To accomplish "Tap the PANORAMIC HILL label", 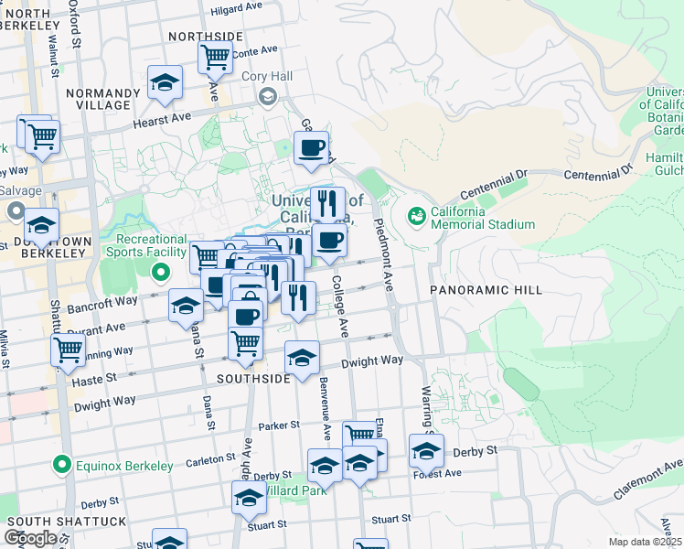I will coord(486,290).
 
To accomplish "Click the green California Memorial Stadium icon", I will coord(417,216).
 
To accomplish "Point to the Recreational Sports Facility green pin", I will coord(161,272).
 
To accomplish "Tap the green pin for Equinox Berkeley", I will coord(62,466).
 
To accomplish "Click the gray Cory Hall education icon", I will coord(269,97).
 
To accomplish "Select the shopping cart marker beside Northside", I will coord(216,57).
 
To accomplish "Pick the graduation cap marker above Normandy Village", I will coord(165,83).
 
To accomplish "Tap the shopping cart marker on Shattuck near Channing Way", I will coord(69,350).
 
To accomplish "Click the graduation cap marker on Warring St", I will coord(426,450).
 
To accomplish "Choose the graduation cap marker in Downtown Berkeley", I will coord(41,224).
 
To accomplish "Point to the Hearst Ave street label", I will coord(161,118).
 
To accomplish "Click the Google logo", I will coord(30,538).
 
